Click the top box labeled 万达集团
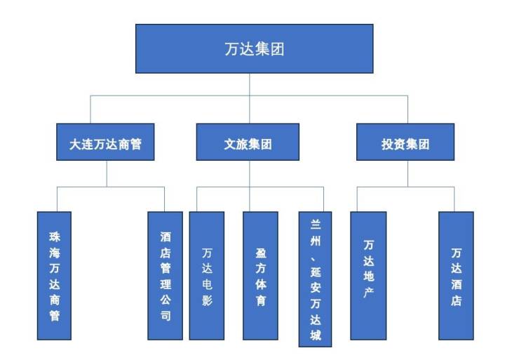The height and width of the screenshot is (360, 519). point(254,48)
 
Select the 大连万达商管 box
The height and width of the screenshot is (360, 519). point(106,144)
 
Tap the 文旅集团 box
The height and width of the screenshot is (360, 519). point(248,144)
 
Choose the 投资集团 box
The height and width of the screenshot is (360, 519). point(405,144)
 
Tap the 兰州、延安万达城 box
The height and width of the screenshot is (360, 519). point(316,279)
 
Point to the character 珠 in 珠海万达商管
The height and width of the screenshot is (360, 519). point(55,236)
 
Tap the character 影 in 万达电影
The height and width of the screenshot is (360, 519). point(207,301)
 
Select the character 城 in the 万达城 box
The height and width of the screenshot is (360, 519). point(316,335)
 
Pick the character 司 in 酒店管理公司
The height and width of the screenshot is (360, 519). point(165,316)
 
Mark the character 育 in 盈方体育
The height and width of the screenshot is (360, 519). point(260,301)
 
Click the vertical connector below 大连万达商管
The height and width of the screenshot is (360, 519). point(107,174)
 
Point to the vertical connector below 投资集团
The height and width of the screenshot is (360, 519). point(407,174)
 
